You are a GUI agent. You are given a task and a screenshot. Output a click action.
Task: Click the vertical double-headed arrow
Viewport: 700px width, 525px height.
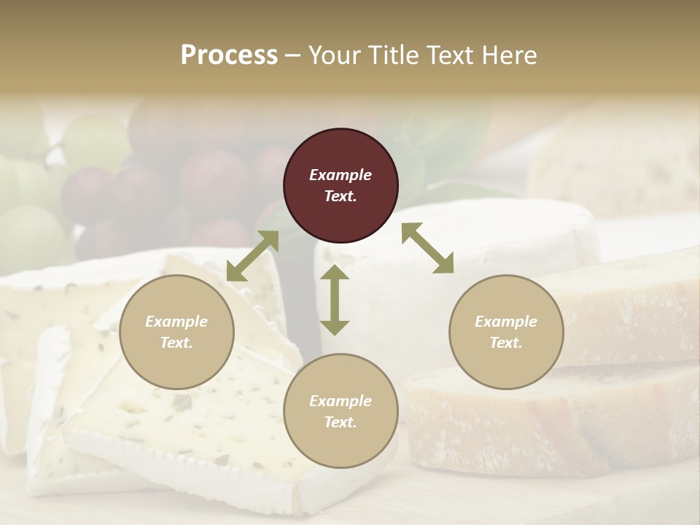pos(335,300)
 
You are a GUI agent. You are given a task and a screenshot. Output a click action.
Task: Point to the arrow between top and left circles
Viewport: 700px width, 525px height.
pos(252,256)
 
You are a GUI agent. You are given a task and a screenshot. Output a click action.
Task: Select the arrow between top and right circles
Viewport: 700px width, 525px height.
pos(427,248)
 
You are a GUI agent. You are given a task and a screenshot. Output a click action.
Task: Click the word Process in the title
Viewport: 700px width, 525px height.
pos(229,55)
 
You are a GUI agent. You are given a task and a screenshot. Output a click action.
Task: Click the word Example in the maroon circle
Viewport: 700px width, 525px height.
pos(341,175)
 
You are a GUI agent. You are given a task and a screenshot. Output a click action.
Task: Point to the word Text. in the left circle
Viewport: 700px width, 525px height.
pos(176,343)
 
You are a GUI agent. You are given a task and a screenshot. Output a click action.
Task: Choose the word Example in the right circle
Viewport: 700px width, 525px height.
pos(506,322)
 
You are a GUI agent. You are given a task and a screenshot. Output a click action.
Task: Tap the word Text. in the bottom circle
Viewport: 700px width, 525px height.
pos(341,422)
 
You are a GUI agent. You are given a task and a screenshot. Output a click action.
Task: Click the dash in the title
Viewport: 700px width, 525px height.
pos(293,55)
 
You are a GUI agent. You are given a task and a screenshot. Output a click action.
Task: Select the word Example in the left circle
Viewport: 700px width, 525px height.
pos(176,322)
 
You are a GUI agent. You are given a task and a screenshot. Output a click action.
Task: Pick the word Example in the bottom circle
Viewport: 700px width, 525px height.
pos(341,401)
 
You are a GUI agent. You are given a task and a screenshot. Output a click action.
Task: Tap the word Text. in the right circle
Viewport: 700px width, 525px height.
pos(506,343)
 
